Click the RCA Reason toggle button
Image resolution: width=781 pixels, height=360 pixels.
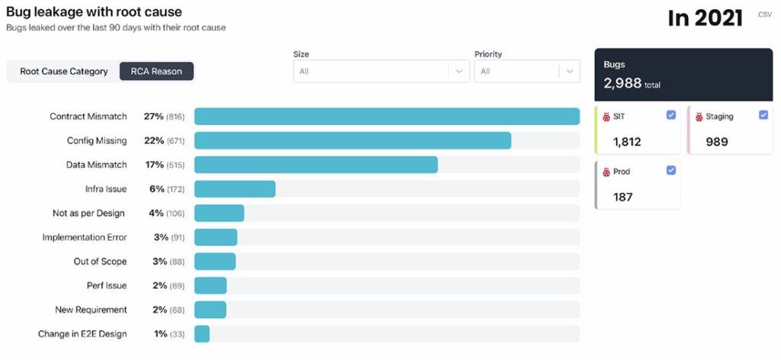[156, 72]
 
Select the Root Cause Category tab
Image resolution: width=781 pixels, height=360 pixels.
[64, 72]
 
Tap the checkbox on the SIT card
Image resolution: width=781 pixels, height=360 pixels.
[670, 115]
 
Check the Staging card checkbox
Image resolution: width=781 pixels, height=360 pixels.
[763, 115]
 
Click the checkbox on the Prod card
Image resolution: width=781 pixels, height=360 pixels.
[670, 170]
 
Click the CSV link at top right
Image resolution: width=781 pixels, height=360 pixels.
[764, 14]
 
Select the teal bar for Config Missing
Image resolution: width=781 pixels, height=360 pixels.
[352, 140]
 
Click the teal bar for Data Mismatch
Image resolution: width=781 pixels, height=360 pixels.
[316, 165]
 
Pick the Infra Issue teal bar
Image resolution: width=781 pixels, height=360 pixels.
[235, 189]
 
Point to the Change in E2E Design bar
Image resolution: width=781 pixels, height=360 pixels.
[202, 334]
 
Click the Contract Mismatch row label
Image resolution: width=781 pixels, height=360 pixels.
[88, 117]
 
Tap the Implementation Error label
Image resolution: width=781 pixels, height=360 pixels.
[85, 237]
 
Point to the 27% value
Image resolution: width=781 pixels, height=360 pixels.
[153, 117]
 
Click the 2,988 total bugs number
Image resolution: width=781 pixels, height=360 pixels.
[622, 84]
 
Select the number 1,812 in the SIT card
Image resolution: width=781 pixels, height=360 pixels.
[627, 141]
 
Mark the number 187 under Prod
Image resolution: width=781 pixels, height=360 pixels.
[624, 197]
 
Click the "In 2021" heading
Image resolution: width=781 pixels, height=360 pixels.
[705, 18]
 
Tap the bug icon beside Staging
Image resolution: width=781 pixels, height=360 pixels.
[699, 117]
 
